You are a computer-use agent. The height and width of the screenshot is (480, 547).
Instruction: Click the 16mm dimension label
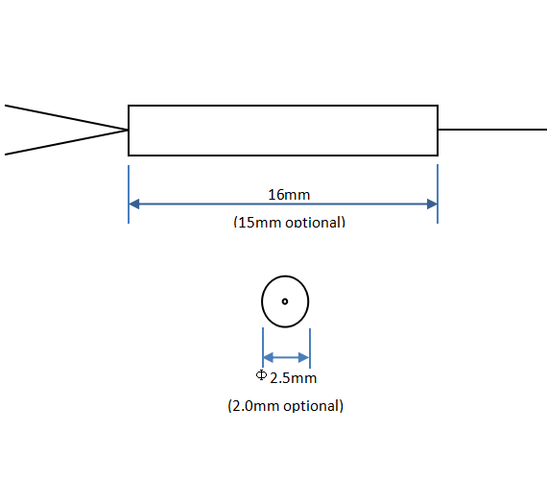(x=289, y=195)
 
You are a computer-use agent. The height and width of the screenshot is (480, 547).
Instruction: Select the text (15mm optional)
(x=289, y=222)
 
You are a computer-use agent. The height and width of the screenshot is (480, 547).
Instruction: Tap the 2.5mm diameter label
(x=293, y=378)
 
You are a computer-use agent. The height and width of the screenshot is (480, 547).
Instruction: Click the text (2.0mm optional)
(x=285, y=406)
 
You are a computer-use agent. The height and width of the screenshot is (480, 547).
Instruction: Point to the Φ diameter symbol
(x=261, y=375)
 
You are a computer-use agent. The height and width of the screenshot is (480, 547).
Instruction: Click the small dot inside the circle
(x=285, y=301)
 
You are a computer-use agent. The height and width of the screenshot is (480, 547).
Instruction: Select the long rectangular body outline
(x=129, y=131)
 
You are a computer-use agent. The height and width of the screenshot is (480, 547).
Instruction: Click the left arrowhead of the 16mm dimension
(x=134, y=204)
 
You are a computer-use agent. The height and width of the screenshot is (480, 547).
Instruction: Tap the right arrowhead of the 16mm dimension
(x=432, y=204)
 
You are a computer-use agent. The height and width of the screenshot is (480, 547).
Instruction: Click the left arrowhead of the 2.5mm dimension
(x=269, y=357)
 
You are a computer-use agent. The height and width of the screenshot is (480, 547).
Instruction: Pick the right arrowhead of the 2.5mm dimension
(x=304, y=357)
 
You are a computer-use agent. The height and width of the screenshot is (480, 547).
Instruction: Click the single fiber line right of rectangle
(x=492, y=130)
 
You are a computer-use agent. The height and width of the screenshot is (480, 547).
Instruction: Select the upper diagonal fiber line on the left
(x=66, y=117)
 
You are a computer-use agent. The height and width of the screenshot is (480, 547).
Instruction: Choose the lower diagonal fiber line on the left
(x=66, y=142)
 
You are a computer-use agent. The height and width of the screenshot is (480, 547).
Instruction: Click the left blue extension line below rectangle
(x=129, y=194)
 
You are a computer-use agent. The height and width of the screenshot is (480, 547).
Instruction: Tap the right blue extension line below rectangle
(x=438, y=194)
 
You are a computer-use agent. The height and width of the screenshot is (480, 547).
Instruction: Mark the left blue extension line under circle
(x=263, y=348)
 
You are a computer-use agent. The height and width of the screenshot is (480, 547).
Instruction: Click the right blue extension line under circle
(x=310, y=348)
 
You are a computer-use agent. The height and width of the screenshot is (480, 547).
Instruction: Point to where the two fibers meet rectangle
(x=128, y=131)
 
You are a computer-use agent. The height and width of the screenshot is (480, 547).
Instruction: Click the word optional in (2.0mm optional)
(x=313, y=406)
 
